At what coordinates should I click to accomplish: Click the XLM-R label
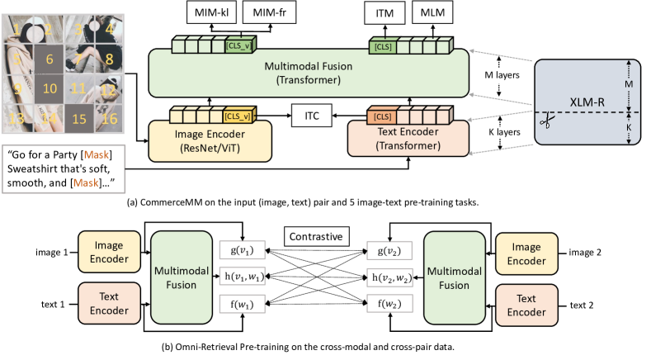[x=587, y=102]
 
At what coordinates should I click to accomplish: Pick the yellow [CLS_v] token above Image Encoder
[x=238, y=116]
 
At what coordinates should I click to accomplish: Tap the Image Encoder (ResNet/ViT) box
[x=210, y=141]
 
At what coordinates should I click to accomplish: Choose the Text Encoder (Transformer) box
[x=408, y=140]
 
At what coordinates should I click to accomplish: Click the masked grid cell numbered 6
[x=50, y=59]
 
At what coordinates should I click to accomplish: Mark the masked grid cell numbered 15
[x=79, y=119]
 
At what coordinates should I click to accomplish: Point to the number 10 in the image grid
[x=50, y=88]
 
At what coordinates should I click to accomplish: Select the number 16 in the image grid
[x=109, y=119]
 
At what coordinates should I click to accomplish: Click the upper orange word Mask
[x=97, y=154]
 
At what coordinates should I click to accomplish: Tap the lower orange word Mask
[x=86, y=182]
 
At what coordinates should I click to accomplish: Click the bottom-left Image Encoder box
[x=110, y=252]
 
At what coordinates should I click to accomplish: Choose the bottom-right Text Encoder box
[x=526, y=305]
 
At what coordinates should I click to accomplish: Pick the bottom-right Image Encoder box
[x=526, y=253]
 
